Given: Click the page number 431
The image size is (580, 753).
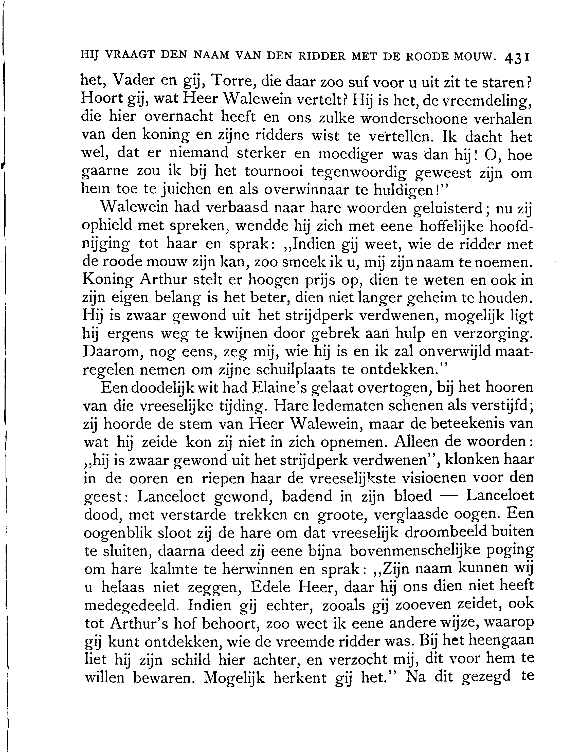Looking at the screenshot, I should (x=516, y=56).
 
